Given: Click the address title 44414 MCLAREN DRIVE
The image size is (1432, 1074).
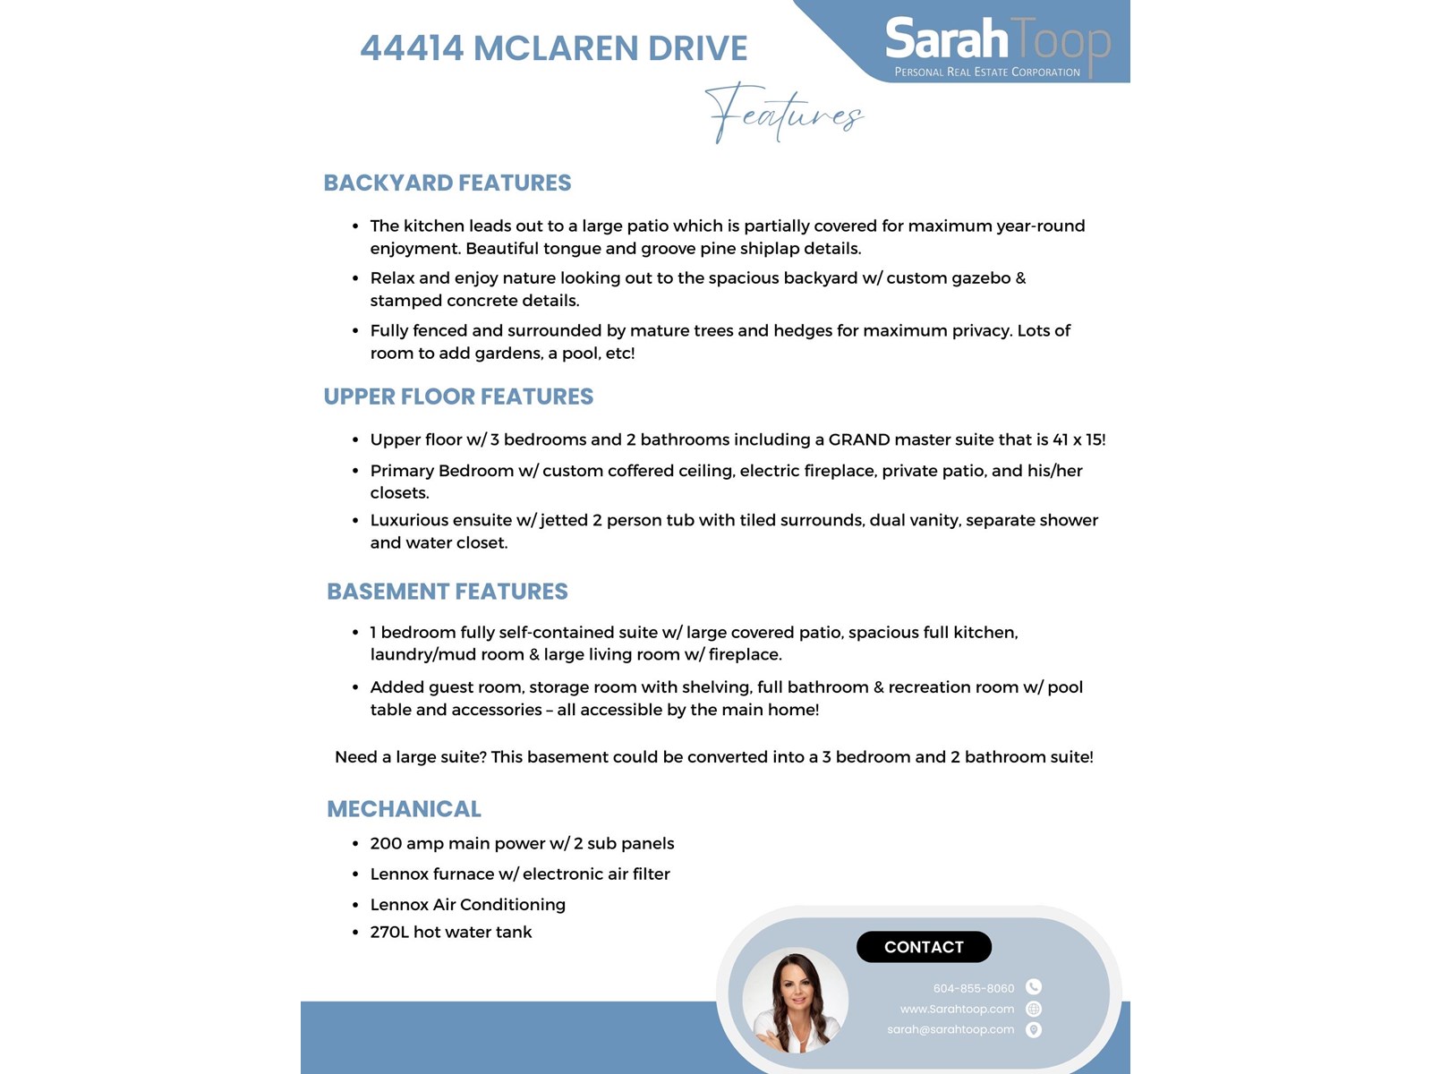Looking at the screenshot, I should tap(553, 48).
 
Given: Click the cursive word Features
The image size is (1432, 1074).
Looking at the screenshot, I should tap(784, 114).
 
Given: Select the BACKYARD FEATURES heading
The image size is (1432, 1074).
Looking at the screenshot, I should tap(447, 183).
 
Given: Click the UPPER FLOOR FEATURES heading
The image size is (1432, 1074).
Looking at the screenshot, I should tap(458, 396).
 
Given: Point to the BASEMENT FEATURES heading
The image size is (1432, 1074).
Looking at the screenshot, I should tap(447, 592).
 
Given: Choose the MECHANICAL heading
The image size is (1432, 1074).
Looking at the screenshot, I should tap(404, 809).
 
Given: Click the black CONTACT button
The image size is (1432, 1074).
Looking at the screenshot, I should tap(924, 947).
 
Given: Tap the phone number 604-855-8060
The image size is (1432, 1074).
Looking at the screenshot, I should tap(973, 988).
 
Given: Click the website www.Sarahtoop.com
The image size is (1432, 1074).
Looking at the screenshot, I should tap(957, 1009).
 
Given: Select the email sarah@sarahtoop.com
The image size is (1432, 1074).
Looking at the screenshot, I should tap(950, 1029).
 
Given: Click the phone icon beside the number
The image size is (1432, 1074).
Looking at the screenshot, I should tap(1034, 987).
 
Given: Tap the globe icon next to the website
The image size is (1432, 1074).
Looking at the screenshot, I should tap(1034, 1009).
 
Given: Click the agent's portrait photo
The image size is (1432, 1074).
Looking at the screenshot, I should tap(795, 1001).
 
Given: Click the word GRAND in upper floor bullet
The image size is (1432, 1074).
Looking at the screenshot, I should tap(858, 439).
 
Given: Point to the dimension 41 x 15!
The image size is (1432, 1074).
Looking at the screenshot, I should tap(1078, 439).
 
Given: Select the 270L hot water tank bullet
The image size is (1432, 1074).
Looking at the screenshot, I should tap(450, 932).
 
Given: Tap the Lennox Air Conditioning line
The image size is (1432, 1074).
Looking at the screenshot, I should tap(467, 904).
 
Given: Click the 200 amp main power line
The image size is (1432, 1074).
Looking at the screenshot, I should tap(522, 843).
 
